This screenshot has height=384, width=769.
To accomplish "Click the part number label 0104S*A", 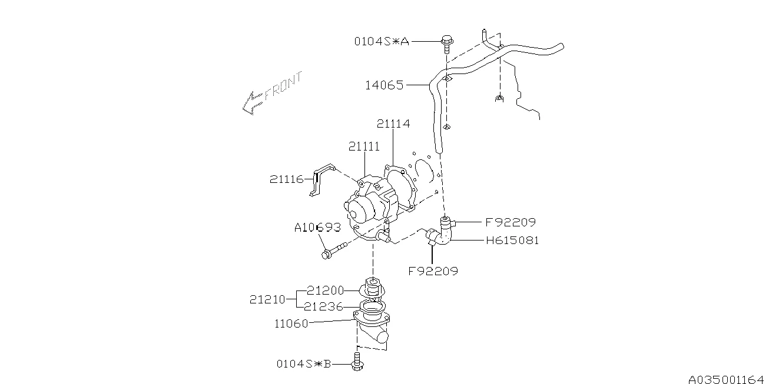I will tap(381, 41).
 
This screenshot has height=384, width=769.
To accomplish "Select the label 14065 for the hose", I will tap(384, 85).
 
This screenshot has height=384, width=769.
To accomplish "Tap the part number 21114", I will tap(393, 124).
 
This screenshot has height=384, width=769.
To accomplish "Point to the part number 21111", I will tap(363, 146).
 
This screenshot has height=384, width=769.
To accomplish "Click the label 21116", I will tap(286, 179).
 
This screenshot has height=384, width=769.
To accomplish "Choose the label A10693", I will tap(317, 227).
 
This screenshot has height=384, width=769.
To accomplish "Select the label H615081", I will tap(512, 240).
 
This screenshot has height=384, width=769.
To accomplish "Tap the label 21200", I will tap(325, 290).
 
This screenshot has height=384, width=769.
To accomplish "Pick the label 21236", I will tap(325, 307).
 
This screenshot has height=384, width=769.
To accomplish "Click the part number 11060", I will tap(291, 323).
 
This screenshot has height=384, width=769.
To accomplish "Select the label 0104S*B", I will tap(304, 363).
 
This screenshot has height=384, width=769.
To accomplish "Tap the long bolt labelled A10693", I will tap(333, 251).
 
